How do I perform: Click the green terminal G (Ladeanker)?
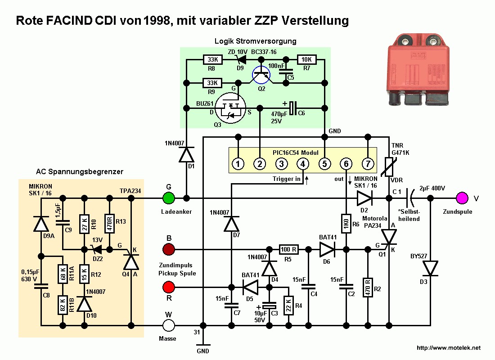point(168,198)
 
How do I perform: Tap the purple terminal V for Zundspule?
point(461,198)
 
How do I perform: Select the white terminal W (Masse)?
point(168,324)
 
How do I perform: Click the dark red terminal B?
point(168,248)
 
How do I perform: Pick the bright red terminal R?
point(168,287)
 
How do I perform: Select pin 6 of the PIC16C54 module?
point(346,164)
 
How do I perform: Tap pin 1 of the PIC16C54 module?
point(238,164)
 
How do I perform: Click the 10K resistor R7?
point(307,59)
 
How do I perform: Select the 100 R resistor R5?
point(289,248)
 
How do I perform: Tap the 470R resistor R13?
point(109,223)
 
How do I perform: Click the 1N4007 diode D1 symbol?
point(186,155)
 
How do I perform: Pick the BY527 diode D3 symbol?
point(431,269)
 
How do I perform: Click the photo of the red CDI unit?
point(418,70)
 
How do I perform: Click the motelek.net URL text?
point(449,348)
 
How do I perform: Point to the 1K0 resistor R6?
point(346,224)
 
